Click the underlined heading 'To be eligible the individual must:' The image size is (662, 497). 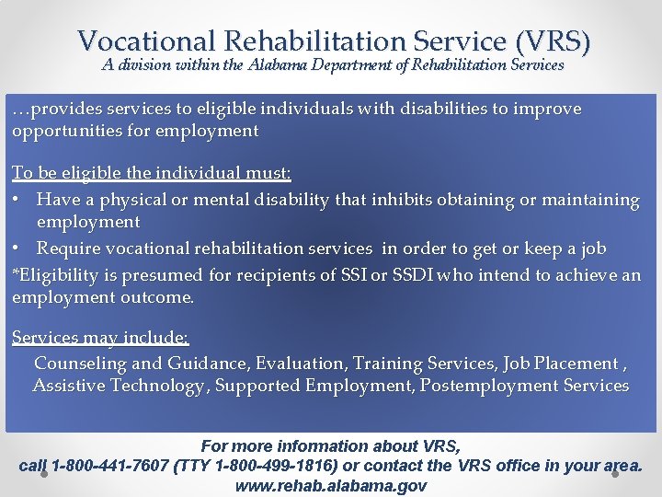tap(139, 173)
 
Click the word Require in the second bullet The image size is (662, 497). tap(69, 248)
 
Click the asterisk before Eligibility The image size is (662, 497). tap(16, 274)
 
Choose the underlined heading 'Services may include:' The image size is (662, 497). tap(100, 338)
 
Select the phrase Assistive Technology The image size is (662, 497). tap(119, 386)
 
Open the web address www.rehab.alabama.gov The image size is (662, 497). tap(331, 485)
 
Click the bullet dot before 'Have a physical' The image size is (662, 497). tap(17, 200)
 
